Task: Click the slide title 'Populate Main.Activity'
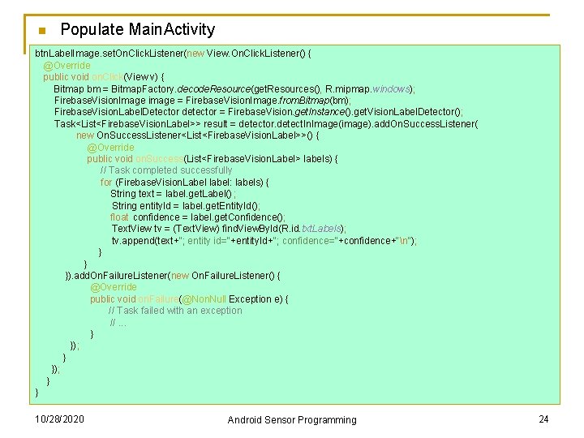(137, 30)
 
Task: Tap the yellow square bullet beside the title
(41, 32)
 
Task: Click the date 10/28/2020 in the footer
(59, 419)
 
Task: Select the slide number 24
(543, 419)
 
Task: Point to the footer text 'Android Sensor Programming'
(291, 419)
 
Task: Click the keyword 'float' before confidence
(119, 217)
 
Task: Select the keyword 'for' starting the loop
(106, 182)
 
